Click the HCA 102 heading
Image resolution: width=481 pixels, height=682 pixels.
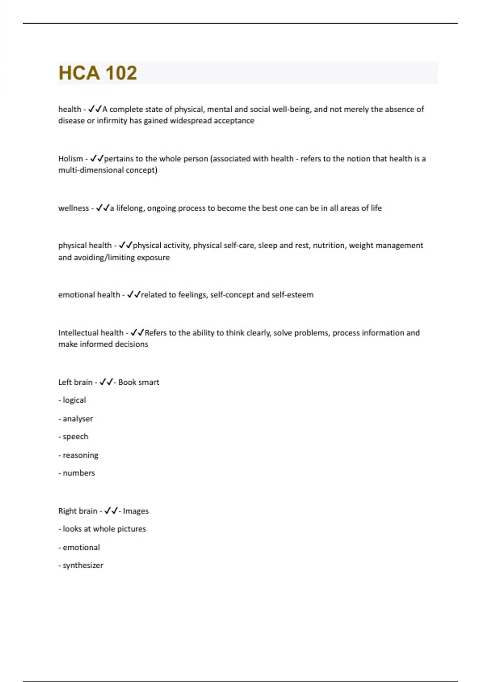click(98, 73)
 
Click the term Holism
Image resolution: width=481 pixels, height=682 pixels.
click(71, 158)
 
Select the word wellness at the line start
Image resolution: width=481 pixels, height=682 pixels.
click(73, 208)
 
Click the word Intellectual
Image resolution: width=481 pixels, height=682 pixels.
click(78, 333)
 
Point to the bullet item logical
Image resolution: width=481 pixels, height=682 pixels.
click(74, 400)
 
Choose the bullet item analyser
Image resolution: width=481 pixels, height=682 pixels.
click(77, 418)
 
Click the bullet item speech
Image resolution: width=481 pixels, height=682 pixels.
click(75, 436)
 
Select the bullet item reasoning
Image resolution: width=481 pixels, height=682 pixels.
click(80, 455)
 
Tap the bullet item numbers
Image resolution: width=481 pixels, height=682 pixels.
click(79, 473)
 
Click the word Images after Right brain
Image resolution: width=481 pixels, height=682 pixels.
click(136, 511)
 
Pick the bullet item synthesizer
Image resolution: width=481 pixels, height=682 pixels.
click(83, 565)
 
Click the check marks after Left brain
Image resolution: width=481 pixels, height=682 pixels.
click(106, 382)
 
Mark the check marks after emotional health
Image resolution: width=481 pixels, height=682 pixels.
click(133, 295)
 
